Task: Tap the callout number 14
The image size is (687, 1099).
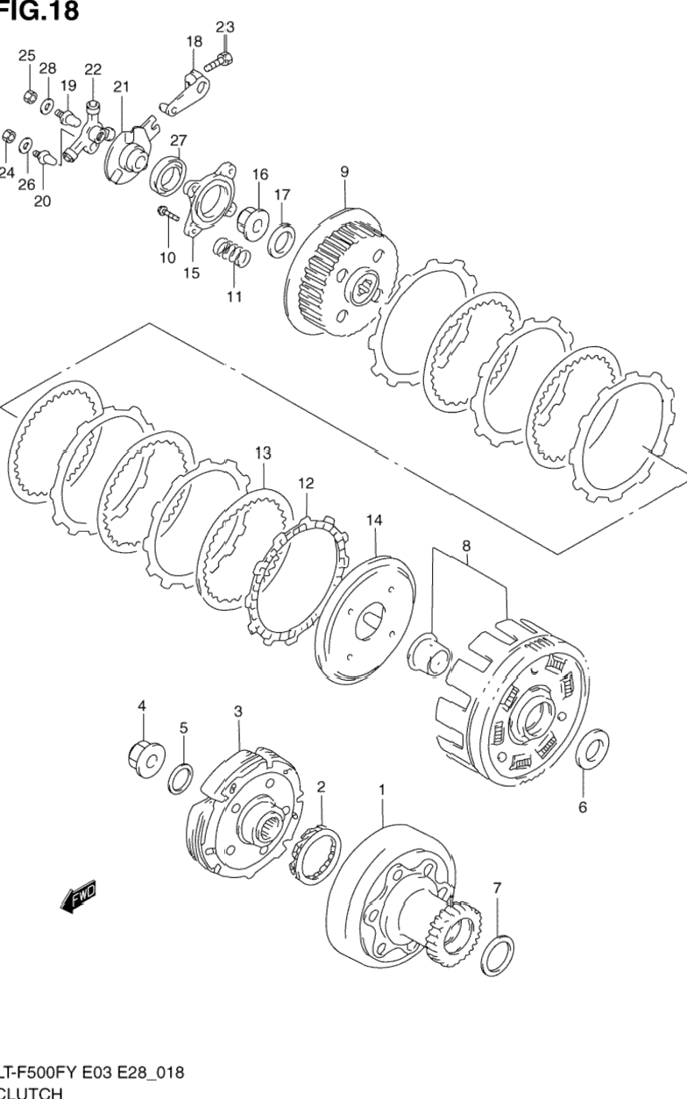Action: click(x=374, y=521)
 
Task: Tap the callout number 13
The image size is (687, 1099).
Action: click(x=263, y=453)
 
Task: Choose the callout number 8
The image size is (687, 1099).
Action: click(x=466, y=545)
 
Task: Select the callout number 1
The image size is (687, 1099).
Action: click(x=382, y=790)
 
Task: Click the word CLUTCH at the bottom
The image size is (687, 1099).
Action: click(x=33, y=1092)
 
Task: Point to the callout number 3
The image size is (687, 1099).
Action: click(x=237, y=712)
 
